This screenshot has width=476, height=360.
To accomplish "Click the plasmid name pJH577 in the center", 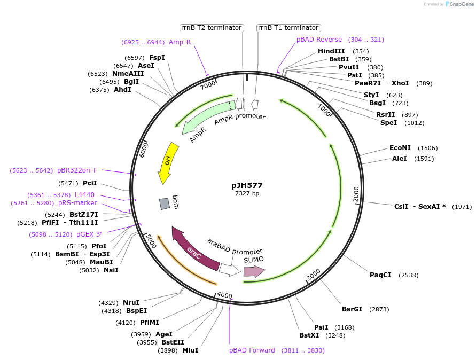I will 247,185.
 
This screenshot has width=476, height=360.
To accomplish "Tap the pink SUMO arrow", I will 254,271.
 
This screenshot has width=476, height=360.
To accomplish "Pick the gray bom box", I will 165,204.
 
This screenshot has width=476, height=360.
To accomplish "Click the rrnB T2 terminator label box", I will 211,28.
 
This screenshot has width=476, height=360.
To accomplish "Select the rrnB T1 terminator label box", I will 288,28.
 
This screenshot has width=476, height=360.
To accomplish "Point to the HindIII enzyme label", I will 331,51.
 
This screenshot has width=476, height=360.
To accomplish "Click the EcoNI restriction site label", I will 400,148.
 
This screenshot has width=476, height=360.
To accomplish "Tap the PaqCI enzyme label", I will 380,275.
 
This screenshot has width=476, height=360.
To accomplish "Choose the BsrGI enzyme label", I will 352,309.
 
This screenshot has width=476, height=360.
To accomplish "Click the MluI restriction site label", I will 190,350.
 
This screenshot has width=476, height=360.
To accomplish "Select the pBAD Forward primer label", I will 252,350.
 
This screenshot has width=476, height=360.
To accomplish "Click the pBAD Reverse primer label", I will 319,40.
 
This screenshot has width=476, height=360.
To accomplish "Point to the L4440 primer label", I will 84,195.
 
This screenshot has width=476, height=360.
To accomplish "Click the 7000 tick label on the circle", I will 208,84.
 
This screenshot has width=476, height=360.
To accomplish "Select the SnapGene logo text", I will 459,4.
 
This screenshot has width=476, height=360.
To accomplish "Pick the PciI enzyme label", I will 90,183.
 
